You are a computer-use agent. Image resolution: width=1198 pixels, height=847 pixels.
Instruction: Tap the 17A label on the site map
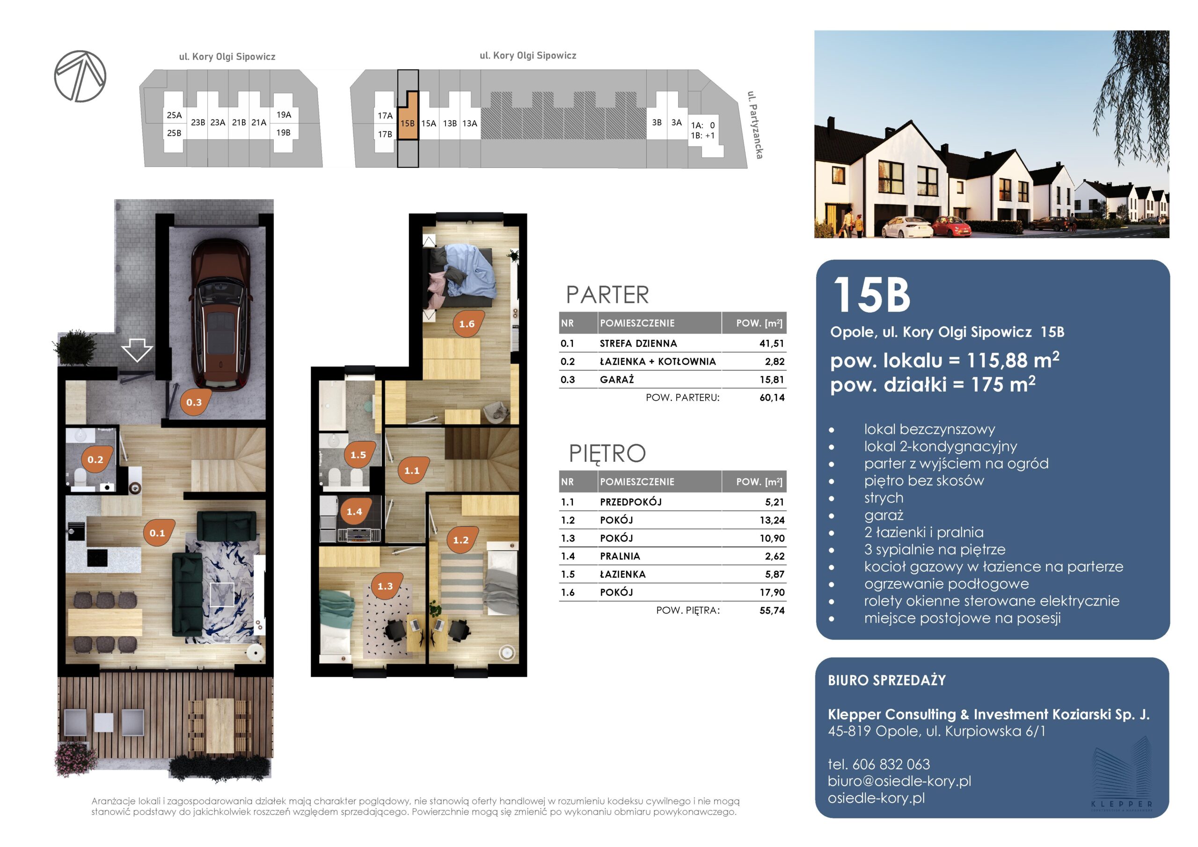[x=385, y=115]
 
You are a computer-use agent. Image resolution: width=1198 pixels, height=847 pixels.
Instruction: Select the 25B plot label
[x=174, y=133]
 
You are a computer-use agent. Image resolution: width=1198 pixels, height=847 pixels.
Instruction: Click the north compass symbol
[x=80, y=76]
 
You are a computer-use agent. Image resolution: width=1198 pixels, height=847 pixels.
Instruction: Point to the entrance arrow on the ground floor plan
[x=137, y=349]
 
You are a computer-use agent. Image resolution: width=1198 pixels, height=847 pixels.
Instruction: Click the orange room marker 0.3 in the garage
[x=194, y=402]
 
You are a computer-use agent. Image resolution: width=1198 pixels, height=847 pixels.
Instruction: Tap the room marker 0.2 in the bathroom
[x=95, y=459]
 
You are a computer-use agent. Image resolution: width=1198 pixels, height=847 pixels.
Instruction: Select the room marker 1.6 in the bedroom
[x=467, y=323]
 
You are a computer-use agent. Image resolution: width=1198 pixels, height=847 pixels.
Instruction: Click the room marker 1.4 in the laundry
[x=354, y=511]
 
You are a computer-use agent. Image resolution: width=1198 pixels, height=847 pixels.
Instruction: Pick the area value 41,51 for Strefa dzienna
[x=772, y=343]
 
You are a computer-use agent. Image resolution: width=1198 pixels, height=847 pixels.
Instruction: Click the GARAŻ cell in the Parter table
[x=617, y=380]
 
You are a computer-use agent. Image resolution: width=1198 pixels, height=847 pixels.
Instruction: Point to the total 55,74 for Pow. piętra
[x=772, y=610]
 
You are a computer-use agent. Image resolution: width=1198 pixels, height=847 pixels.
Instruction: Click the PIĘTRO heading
[x=607, y=453]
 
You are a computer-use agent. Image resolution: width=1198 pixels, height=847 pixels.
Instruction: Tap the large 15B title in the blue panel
[x=871, y=295]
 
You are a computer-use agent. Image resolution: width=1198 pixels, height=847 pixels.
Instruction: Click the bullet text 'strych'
[x=884, y=498]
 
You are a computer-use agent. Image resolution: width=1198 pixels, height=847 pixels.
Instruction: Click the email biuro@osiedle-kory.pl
[x=899, y=781]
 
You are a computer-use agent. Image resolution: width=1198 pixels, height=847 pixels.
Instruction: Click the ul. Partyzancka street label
[x=755, y=125]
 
